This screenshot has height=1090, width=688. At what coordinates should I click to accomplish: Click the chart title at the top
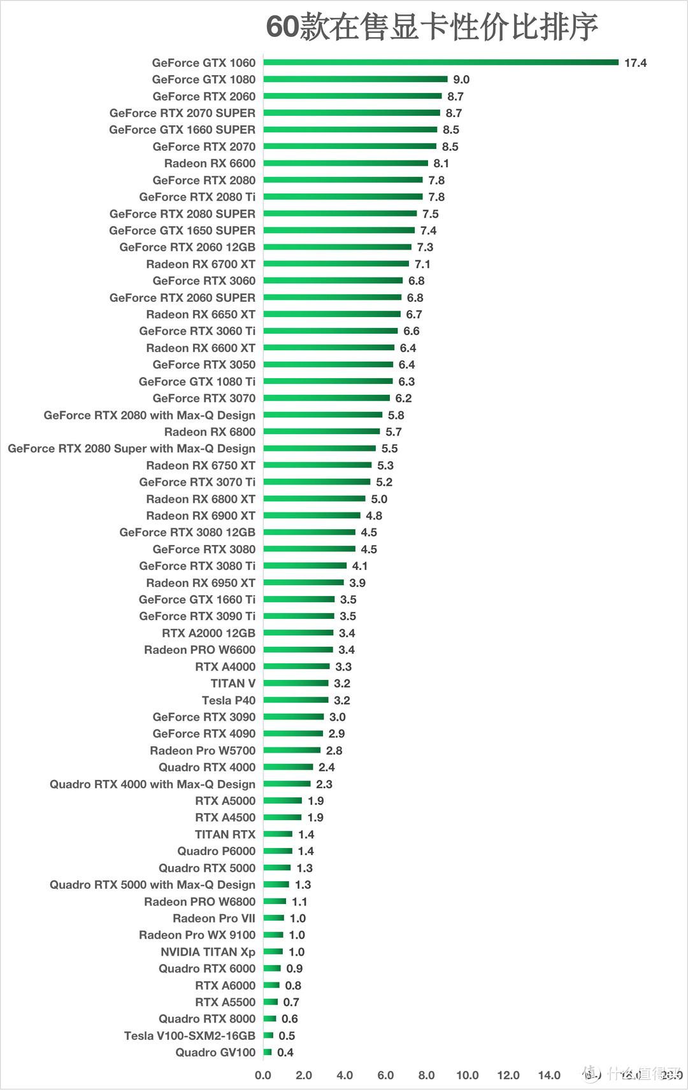[x=431, y=27]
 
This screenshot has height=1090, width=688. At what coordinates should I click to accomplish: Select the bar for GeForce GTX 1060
[x=441, y=62]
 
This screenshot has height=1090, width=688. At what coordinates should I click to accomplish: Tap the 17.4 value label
[x=635, y=62]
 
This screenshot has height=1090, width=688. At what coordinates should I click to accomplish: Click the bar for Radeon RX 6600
[x=345, y=163]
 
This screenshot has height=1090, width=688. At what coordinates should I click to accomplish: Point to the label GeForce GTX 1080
[x=203, y=80]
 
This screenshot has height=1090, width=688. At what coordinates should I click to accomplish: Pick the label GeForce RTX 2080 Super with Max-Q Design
[x=131, y=448]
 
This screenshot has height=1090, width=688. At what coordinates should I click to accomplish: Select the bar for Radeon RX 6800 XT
[x=314, y=499]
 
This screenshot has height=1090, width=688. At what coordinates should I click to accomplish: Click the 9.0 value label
[x=461, y=80]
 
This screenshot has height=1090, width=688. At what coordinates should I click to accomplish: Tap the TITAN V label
[x=233, y=683]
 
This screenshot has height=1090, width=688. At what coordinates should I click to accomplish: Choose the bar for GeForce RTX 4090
[x=293, y=733]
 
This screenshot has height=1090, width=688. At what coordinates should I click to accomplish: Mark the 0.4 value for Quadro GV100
[x=285, y=1052]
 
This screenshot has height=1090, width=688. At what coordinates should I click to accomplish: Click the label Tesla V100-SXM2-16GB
[x=189, y=1036]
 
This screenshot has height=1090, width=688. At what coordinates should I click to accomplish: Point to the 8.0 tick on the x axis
[x=426, y=1075]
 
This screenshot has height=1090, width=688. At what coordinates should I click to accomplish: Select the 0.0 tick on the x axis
[x=263, y=1075]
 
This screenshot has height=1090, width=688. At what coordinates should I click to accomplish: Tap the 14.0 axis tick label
[x=549, y=1075]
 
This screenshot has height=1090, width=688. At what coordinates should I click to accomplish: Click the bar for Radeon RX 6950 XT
[x=303, y=583]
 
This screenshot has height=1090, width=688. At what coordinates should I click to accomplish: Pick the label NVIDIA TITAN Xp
[x=208, y=952]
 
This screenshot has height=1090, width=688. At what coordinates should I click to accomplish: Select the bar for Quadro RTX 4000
[x=288, y=767]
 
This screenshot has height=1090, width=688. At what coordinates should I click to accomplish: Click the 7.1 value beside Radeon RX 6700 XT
[x=422, y=264]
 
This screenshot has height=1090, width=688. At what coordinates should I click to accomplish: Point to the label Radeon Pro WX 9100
[x=197, y=935]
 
